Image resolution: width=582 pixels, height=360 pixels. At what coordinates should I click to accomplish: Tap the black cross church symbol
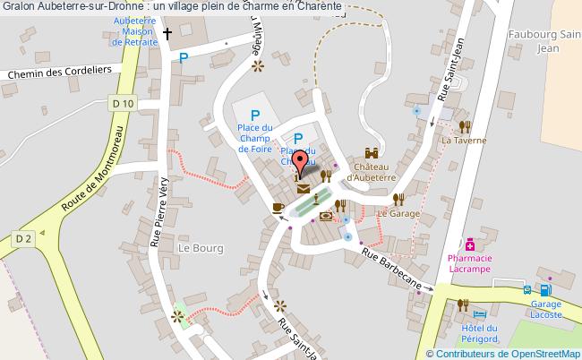(x=167, y=35)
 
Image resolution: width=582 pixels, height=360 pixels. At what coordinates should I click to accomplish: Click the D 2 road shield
(x=24, y=237)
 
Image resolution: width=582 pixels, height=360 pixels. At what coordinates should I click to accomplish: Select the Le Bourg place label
(x=198, y=247)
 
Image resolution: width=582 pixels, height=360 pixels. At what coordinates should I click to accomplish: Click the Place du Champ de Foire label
(x=256, y=140)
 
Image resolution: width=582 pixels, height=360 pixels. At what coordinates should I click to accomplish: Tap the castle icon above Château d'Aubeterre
(x=371, y=154)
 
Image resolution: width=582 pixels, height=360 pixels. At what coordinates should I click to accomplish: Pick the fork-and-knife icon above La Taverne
(x=464, y=126)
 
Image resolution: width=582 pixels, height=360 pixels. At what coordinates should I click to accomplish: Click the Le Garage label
(x=398, y=214)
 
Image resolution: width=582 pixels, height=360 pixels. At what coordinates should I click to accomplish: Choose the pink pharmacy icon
(x=469, y=244)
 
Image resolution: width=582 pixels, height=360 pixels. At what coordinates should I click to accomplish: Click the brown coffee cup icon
(x=278, y=208)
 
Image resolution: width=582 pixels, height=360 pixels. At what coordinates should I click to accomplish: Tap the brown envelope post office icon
(x=303, y=189)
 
